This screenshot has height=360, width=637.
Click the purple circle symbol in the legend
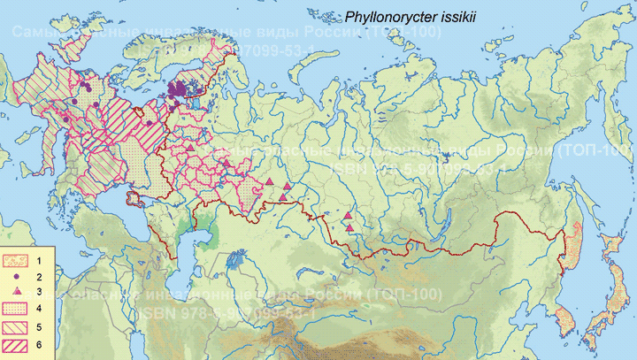pyautogui.click(x=18, y=277)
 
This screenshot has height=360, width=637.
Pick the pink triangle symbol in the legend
pyautogui.click(x=18, y=291)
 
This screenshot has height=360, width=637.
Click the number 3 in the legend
pyautogui.click(x=41, y=291)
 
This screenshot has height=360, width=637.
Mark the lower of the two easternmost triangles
pyautogui.click(x=350, y=229)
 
